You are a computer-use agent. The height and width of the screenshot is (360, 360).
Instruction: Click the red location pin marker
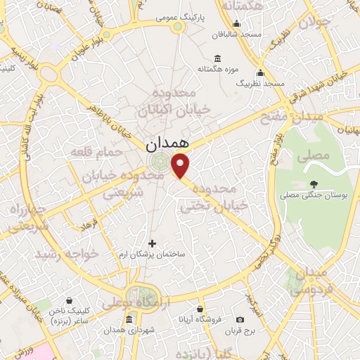coord(181,165)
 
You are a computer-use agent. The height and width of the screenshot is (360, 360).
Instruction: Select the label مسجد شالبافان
coord(238,34)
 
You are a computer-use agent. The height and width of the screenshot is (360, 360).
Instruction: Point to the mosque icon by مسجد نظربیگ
coord(260,72)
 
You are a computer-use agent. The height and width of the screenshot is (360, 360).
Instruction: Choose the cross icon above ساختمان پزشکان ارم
coord(152,243)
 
